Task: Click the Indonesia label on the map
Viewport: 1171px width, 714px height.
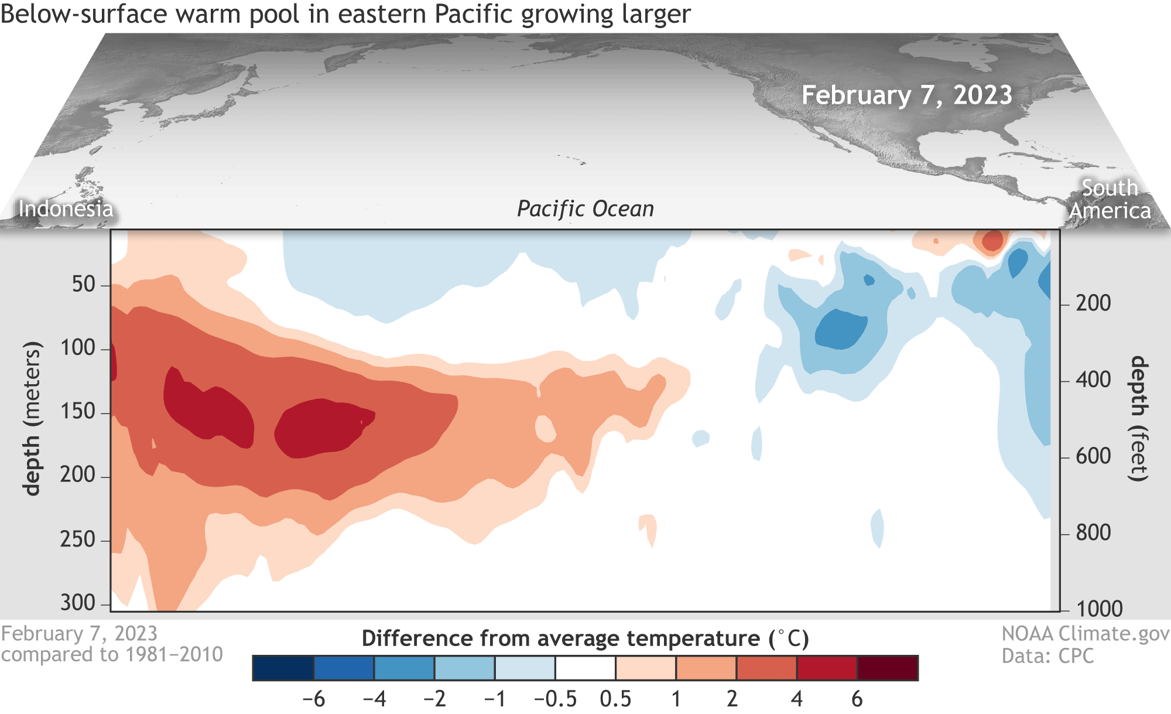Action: (66, 209)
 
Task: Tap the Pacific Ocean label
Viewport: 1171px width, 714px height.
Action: (585, 209)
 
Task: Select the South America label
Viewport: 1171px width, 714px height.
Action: (1110, 199)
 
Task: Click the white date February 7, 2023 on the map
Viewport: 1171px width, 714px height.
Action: (906, 95)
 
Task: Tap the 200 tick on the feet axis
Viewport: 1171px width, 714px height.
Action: (1093, 303)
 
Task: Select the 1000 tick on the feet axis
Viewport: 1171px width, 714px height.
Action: (1099, 609)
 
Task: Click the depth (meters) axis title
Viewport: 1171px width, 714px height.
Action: (32, 418)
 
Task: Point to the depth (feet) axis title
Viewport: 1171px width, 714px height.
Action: (1138, 418)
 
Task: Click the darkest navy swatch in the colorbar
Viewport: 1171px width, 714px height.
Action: (283, 668)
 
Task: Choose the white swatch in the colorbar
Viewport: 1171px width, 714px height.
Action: (585, 668)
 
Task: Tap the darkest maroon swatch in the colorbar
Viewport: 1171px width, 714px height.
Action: (888, 668)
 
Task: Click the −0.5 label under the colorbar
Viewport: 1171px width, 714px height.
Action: (555, 699)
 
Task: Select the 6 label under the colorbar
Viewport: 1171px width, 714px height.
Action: (857, 699)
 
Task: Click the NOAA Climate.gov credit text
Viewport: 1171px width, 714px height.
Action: (1085, 634)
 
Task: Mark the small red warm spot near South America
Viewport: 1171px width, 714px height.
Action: (992, 241)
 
